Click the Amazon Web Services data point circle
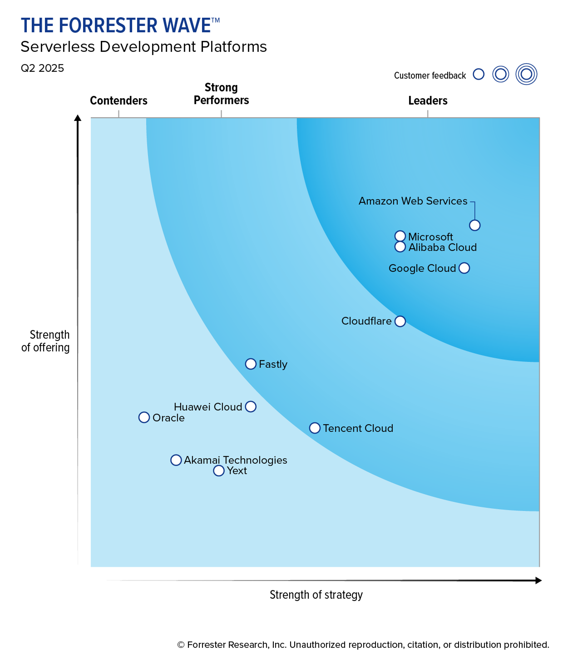coord(474,225)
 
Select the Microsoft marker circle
coord(400,236)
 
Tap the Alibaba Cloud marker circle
coord(400,247)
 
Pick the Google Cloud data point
coord(464,268)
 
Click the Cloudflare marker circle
coord(400,321)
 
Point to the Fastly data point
coord(251,364)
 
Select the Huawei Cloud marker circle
coord(251,406)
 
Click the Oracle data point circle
coord(144,417)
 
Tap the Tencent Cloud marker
coord(315,428)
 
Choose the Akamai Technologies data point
coord(176,460)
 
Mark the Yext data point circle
coord(219,471)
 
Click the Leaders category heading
coord(428,100)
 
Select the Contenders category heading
coord(119,100)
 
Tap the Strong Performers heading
coord(221,94)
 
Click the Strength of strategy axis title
coord(316,595)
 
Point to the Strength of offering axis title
coord(45,341)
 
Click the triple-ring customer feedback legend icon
coord(526,74)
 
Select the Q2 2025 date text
coord(42,68)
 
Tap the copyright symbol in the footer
coord(181,645)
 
